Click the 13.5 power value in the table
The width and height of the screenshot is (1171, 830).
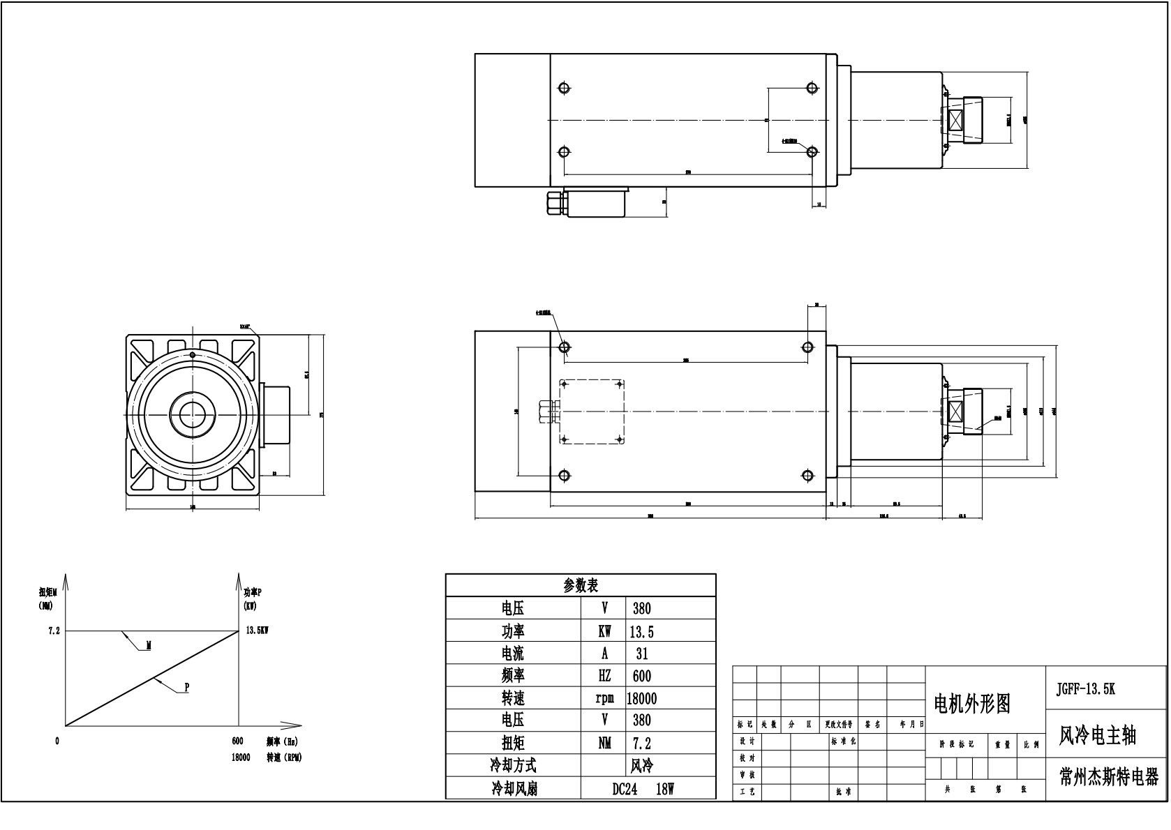(x=641, y=632)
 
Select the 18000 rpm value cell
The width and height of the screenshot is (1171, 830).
(x=641, y=698)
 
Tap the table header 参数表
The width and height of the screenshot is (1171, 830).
(x=581, y=585)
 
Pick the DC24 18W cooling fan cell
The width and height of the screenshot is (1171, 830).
(x=643, y=789)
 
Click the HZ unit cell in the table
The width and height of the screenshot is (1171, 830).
(x=604, y=676)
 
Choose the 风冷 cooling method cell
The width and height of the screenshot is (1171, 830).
(x=641, y=766)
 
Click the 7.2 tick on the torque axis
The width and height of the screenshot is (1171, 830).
(x=54, y=631)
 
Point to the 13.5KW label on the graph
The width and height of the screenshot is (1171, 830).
(x=258, y=631)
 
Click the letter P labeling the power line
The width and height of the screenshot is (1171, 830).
(x=187, y=688)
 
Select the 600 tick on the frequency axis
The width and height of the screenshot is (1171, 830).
(x=237, y=741)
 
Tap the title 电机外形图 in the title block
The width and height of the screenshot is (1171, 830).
(x=972, y=704)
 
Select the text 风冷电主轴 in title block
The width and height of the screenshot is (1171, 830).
(x=1097, y=736)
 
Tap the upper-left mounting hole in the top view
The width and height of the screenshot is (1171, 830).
(x=565, y=88)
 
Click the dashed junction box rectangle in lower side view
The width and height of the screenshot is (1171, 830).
(x=592, y=412)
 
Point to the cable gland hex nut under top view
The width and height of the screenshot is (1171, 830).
(x=555, y=203)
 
